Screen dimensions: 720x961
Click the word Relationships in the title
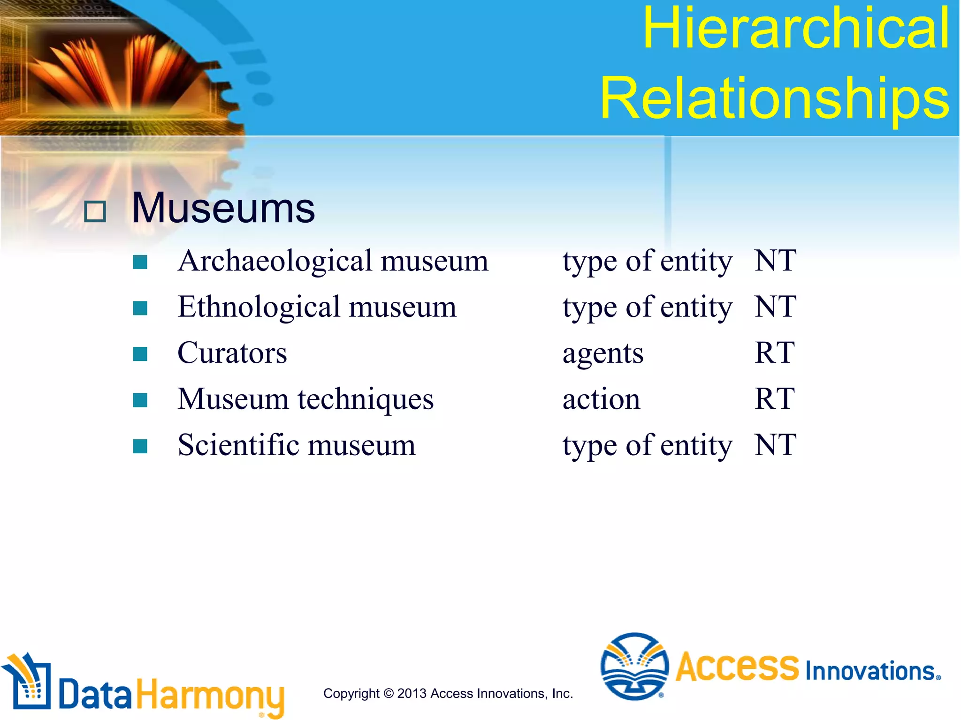775,98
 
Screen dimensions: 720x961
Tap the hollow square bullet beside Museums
95,211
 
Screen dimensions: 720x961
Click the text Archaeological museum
333,261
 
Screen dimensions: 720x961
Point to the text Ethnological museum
317,307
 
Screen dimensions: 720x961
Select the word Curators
232,353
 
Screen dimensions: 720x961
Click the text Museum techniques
305,399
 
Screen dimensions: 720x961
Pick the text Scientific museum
296,445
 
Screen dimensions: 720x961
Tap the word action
601,399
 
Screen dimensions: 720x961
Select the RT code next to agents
774,353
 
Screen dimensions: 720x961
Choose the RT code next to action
774,399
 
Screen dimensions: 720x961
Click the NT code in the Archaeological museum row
775,261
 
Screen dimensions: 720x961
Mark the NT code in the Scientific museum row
775,445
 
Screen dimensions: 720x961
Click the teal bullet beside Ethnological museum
140,308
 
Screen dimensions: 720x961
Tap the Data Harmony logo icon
28,682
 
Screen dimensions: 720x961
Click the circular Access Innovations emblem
634,666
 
